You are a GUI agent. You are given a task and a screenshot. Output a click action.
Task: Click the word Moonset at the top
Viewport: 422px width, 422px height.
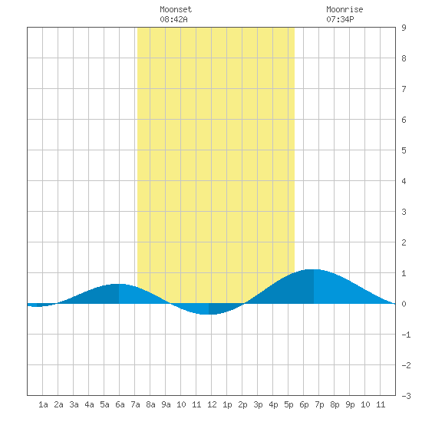[176, 9]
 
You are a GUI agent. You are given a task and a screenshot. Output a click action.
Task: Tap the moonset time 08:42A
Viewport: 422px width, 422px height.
[173, 19]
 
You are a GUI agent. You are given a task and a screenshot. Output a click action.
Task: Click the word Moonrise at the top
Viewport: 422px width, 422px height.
[345, 9]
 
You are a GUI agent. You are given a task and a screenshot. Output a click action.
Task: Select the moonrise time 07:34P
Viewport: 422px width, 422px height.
[340, 19]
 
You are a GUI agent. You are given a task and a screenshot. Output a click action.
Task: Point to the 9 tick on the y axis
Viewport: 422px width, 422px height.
[404, 28]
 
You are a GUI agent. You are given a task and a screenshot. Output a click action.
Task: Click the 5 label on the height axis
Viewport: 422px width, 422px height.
[404, 150]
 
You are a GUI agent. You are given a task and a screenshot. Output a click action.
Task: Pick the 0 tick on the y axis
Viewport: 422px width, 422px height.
[404, 304]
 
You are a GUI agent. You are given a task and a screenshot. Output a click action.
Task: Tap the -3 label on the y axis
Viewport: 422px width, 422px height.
[406, 396]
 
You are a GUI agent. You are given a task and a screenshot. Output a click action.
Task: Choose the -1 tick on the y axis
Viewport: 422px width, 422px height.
[406, 335]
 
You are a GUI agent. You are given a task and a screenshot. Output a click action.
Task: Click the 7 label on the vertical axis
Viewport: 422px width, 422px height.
[404, 89]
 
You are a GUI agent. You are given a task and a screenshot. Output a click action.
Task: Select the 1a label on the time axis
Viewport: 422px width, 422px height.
[43, 404]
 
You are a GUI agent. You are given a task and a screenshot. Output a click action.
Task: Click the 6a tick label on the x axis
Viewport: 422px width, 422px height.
[120, 404]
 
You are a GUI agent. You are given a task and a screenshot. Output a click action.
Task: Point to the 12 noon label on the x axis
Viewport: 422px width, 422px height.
[212, 404]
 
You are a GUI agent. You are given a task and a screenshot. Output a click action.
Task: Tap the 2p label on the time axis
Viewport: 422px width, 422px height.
[242, 404]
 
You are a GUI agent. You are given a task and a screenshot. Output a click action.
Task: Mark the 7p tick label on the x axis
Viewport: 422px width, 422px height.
[319, 404]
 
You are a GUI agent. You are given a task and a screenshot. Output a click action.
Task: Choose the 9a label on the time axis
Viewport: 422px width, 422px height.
[166, 404]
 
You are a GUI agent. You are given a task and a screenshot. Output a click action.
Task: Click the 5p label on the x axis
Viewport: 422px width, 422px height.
[288, 404]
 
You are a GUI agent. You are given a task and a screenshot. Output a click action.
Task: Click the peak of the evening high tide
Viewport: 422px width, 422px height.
[314, 269]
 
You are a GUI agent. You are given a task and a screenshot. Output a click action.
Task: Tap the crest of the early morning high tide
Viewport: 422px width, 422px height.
[119, 284]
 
